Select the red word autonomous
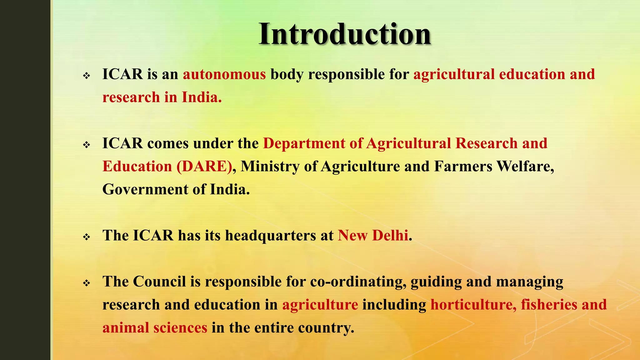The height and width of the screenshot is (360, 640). (x=224, y=74)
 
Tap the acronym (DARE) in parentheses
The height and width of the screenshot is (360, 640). (x=204, y=166)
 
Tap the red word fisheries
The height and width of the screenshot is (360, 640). (x=549, y=305)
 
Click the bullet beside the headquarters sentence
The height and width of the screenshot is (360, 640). (x=87, y=237)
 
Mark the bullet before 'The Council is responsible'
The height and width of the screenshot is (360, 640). (x=87, y=283)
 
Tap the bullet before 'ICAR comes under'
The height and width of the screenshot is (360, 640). (x=87, y=145)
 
